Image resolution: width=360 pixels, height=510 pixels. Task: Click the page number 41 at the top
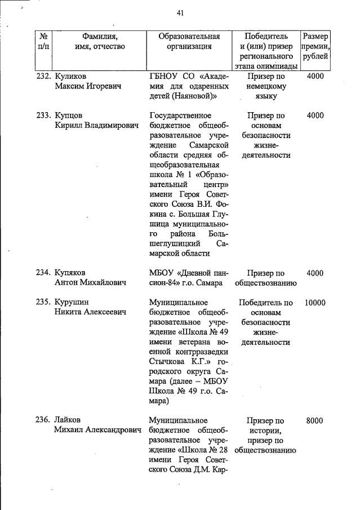[180, 13]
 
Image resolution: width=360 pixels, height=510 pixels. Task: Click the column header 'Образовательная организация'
[189, 41]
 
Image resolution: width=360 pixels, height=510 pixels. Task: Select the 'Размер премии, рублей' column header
[315, 46]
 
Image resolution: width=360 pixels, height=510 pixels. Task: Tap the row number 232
[44, 76]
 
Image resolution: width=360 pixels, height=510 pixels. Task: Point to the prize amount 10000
[315, 302]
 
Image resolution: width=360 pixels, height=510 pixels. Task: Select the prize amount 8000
[315, 420]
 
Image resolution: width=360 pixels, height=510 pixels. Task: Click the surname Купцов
[70, 116]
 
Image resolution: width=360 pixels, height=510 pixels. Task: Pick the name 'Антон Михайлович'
[90, 283]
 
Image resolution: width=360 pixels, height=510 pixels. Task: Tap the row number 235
[44, 302]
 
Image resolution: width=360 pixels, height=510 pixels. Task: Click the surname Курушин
[72, 302]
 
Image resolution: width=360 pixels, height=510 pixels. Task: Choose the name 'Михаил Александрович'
[97, 431]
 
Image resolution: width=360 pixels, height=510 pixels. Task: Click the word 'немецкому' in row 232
[265, 86]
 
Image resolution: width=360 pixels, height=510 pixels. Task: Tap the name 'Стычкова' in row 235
[167, 362]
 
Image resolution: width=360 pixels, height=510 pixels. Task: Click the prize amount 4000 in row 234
[315, 273]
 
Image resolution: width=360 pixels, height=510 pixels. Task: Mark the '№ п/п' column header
[43, 41]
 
